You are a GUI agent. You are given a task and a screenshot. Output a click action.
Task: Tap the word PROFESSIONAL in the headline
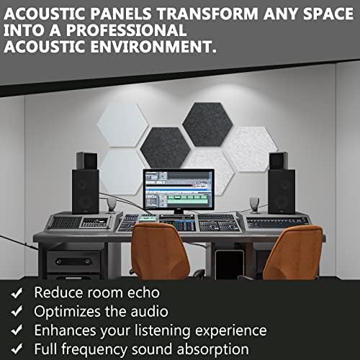click(127, 30)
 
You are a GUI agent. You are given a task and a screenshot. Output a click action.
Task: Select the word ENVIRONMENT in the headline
click(153, 46)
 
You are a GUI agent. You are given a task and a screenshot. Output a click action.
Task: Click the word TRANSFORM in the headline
click(207, 14)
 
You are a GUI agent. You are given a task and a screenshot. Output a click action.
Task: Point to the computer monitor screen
click(179, 189)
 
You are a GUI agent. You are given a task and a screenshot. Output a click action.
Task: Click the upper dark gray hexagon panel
click(207, 125)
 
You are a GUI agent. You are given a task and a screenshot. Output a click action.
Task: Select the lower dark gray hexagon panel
click(166, 148)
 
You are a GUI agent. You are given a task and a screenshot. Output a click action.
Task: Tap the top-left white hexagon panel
click(122, 125)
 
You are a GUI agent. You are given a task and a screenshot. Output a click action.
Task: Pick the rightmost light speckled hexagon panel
click(250, 149)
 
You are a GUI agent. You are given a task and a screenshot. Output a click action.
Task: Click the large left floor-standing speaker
click(86, 192)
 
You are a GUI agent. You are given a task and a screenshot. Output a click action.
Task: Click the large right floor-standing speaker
click(282, 192)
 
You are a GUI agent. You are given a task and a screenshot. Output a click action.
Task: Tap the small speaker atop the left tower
click(87, 161)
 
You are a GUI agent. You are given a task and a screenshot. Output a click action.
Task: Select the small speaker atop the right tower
click(279, 161)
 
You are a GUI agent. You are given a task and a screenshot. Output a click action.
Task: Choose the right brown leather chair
click(293, 252)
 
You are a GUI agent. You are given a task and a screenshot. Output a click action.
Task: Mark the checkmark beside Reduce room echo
click(17, 293)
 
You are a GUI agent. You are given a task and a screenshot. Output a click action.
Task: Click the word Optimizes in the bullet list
click(68, 312)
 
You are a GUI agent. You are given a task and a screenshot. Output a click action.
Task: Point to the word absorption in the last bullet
click(212, 350)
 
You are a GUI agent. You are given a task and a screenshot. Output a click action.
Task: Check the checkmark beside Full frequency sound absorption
click(17, 348)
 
